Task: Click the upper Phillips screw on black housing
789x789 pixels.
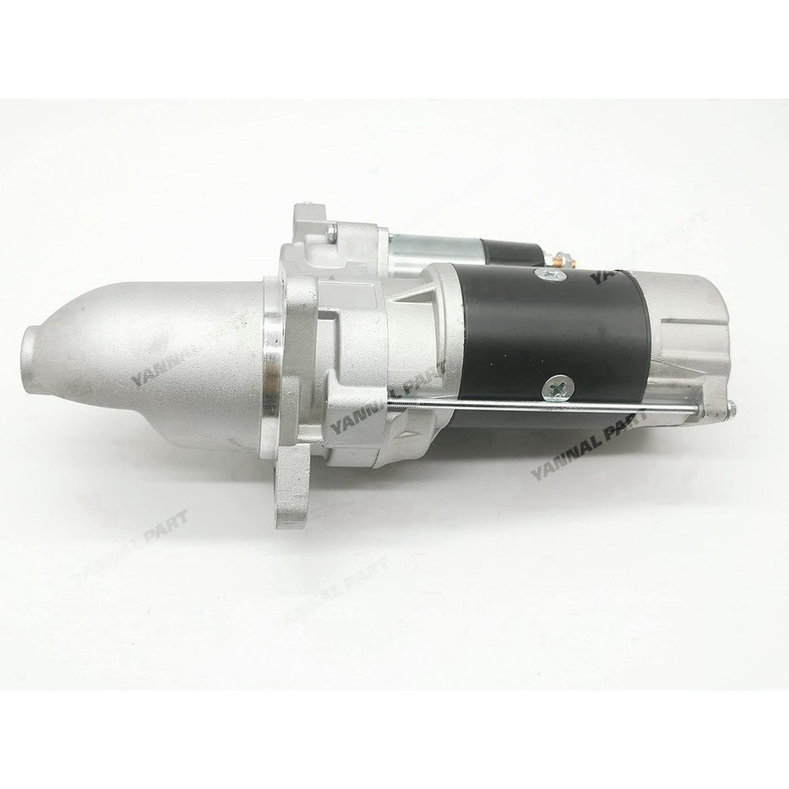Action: (550, 275)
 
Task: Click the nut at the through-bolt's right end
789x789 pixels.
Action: (731, 408)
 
